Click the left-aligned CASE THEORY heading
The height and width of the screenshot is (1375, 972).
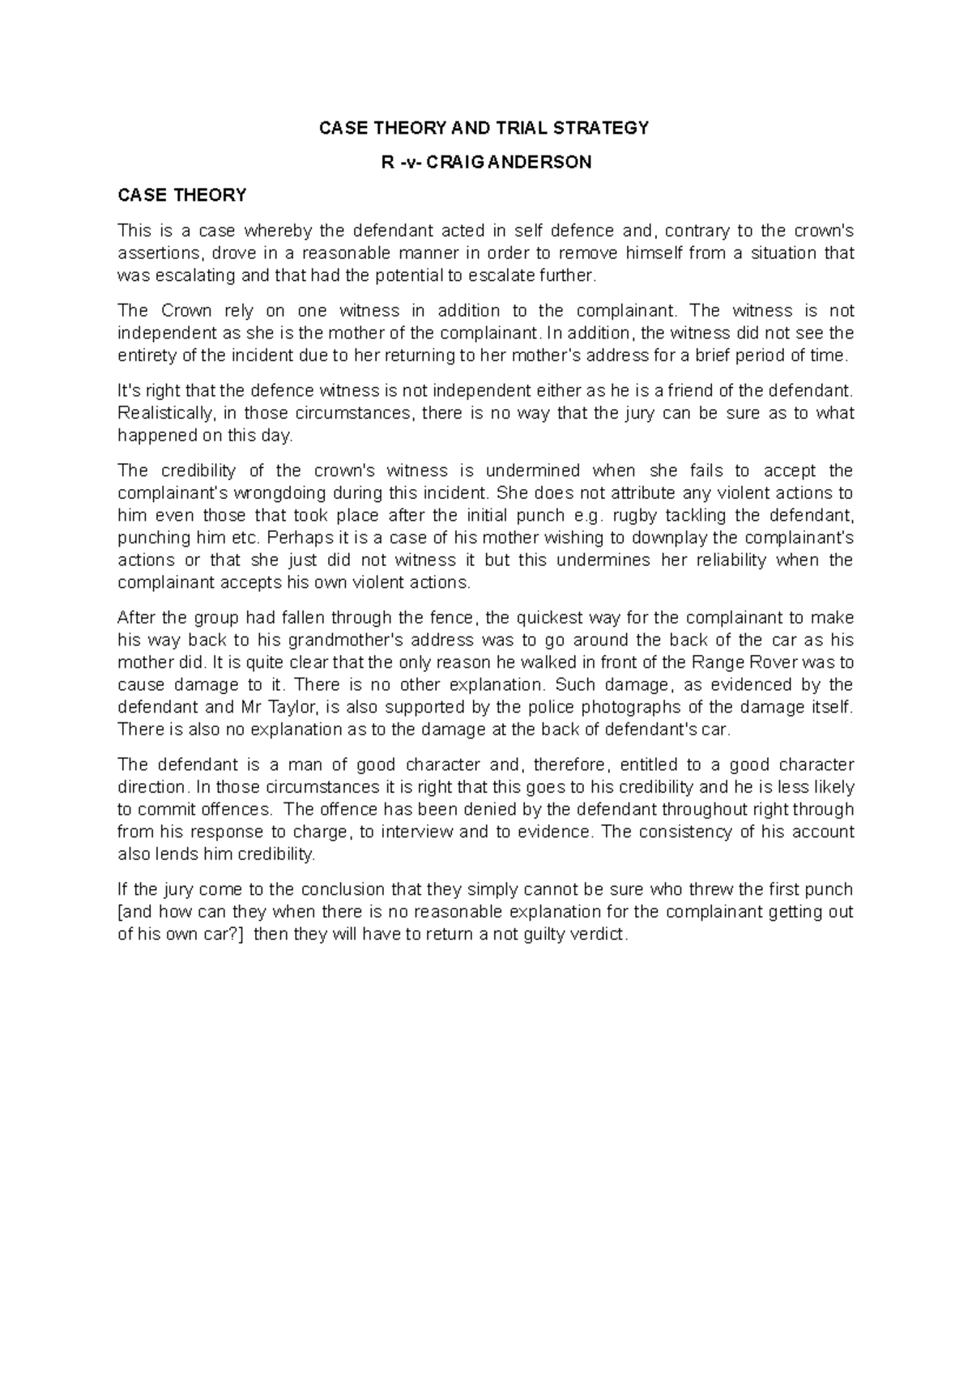tap(181, 195)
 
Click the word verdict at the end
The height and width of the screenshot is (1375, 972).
tap(599, 934)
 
